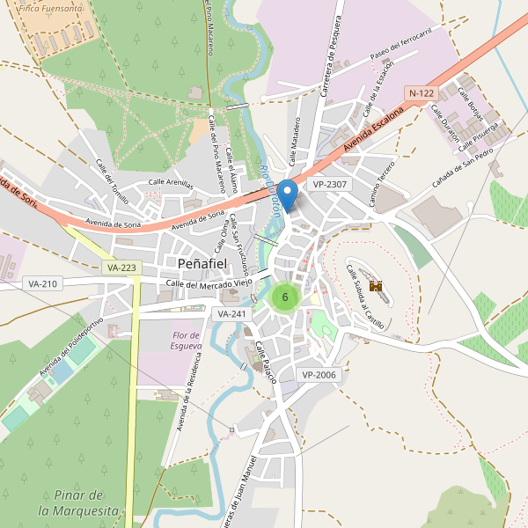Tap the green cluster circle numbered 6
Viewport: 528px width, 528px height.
pos(285,297)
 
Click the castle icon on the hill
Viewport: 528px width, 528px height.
pos(376,286)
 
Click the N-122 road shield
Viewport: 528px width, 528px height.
pos(422,92)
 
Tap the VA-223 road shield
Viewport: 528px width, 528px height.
pos(121,267)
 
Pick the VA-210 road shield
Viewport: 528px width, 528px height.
pos(42,283)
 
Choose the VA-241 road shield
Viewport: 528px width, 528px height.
pos(232,313)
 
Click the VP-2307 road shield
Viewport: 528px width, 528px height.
pos(330,185)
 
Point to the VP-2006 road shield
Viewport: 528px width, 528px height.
pos(319,375)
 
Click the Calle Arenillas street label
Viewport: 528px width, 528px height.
pos(170,182)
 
